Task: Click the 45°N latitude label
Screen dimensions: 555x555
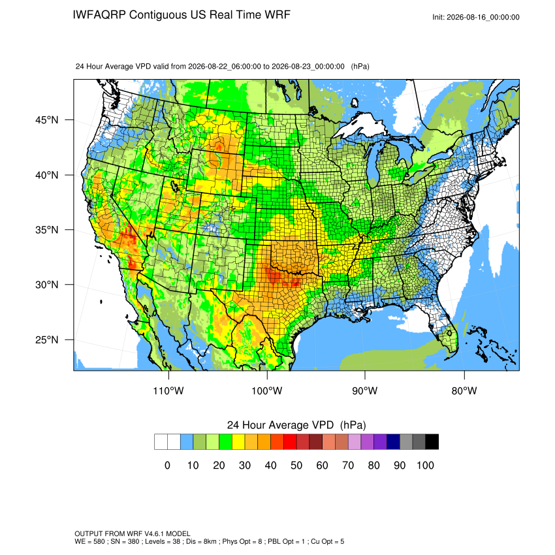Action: point(47,120)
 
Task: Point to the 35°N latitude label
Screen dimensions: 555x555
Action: point(47,230)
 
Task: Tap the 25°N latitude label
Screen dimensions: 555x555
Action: point(47,340)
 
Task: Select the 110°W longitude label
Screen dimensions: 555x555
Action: point(168,390)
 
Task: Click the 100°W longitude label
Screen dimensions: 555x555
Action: point(267,390)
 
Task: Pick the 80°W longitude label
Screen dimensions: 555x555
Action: point(464,390)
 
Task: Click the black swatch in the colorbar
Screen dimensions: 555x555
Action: point(432,442)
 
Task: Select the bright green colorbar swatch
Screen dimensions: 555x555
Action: point(225,442)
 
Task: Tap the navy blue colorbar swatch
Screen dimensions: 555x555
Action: point(393,442)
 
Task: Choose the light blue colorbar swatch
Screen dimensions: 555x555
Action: point(187,442)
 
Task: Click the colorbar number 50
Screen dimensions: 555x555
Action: point(296,465)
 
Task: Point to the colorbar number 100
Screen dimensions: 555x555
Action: point(425,465)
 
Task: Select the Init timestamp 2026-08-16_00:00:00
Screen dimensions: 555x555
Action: point(483,18)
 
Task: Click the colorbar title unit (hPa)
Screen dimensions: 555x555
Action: point(353,425)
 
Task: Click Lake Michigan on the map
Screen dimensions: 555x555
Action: point(373,166)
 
